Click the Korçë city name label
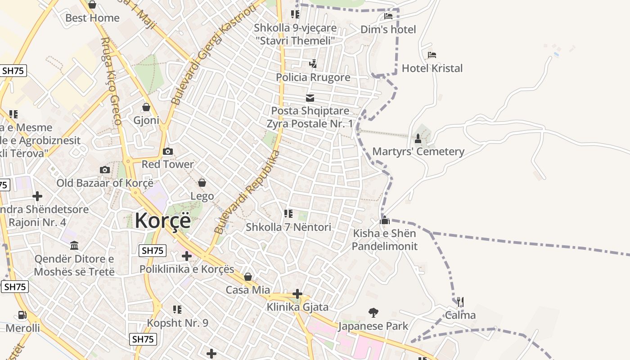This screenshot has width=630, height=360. (162, 220)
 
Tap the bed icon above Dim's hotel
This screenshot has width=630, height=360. (388, 16)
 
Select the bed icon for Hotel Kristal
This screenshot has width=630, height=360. (432, 55)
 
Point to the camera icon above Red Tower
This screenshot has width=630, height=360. (168, 152)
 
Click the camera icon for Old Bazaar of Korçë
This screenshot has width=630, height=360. (105, 170)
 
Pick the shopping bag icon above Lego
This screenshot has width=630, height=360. (202, 183)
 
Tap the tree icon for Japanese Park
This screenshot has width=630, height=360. (373, 312)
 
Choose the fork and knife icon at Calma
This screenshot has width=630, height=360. (460, 301)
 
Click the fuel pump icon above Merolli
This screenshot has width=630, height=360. (22, 315)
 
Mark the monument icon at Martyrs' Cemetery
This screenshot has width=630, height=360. (418, 138)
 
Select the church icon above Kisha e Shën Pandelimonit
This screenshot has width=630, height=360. (385, 220)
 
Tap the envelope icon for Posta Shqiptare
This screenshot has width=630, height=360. (310, 98)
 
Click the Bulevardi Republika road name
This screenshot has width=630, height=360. (247, 192)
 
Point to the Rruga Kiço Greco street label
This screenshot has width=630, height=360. (112, 81)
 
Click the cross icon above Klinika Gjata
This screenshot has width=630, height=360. (297, 294)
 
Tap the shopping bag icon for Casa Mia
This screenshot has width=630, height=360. (248, 277)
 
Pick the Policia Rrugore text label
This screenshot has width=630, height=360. (313, 77)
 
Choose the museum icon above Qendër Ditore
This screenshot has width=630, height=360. (74, 246)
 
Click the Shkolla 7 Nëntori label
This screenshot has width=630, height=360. (288, 227)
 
